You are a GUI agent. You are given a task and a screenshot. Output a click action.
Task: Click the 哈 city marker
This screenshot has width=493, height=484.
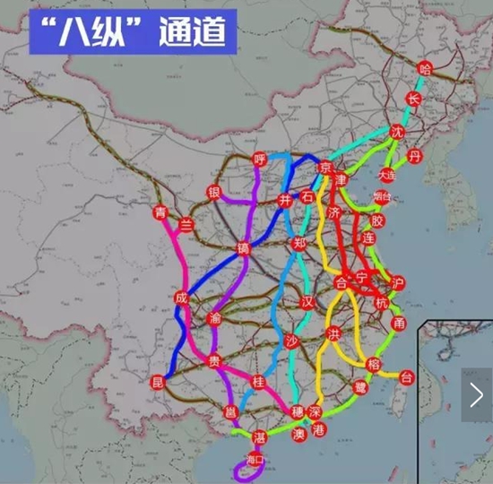(425, 68)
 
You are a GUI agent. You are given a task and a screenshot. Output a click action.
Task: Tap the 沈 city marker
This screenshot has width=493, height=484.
(398, 132)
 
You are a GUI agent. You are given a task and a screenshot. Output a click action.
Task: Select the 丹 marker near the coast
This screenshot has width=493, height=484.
(413, 156)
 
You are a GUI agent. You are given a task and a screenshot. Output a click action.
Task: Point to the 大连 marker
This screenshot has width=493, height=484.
(387, 176)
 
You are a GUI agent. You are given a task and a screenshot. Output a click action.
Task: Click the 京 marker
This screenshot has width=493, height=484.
(326, 168)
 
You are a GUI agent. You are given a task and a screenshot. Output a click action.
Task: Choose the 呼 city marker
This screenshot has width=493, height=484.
(260, 160)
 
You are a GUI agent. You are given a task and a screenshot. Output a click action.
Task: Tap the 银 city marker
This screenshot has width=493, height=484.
(214, 192)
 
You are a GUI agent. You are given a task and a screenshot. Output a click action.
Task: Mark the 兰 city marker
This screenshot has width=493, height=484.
(186, 224)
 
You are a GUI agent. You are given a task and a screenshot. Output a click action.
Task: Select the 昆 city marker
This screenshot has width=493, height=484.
(160, 383)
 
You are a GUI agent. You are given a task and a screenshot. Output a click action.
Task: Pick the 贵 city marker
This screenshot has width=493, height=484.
(213, 361)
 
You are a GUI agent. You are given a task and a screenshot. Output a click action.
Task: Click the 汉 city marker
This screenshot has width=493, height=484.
(309, 300)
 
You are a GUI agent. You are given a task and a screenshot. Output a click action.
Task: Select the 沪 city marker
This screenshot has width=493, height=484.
(398, 284)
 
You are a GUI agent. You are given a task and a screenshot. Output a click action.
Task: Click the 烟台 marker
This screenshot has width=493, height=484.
(382, 196)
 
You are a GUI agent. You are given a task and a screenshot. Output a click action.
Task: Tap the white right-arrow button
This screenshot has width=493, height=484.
(476, 394)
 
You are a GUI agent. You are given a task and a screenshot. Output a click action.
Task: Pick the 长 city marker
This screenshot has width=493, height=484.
(413, 99)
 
